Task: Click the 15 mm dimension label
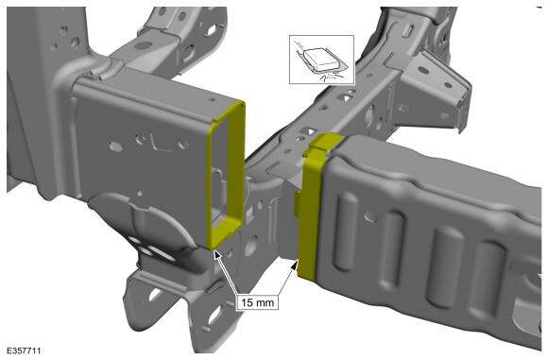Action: click(x=258, y=302)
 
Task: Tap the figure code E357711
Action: click(x=24, y=351)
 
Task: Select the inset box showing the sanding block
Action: click(x=321, y=60)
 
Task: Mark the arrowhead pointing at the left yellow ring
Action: click(x=217, y=254)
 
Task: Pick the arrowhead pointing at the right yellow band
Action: click(x=294, y=266)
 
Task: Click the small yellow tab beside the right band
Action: click(x=298, y=203)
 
